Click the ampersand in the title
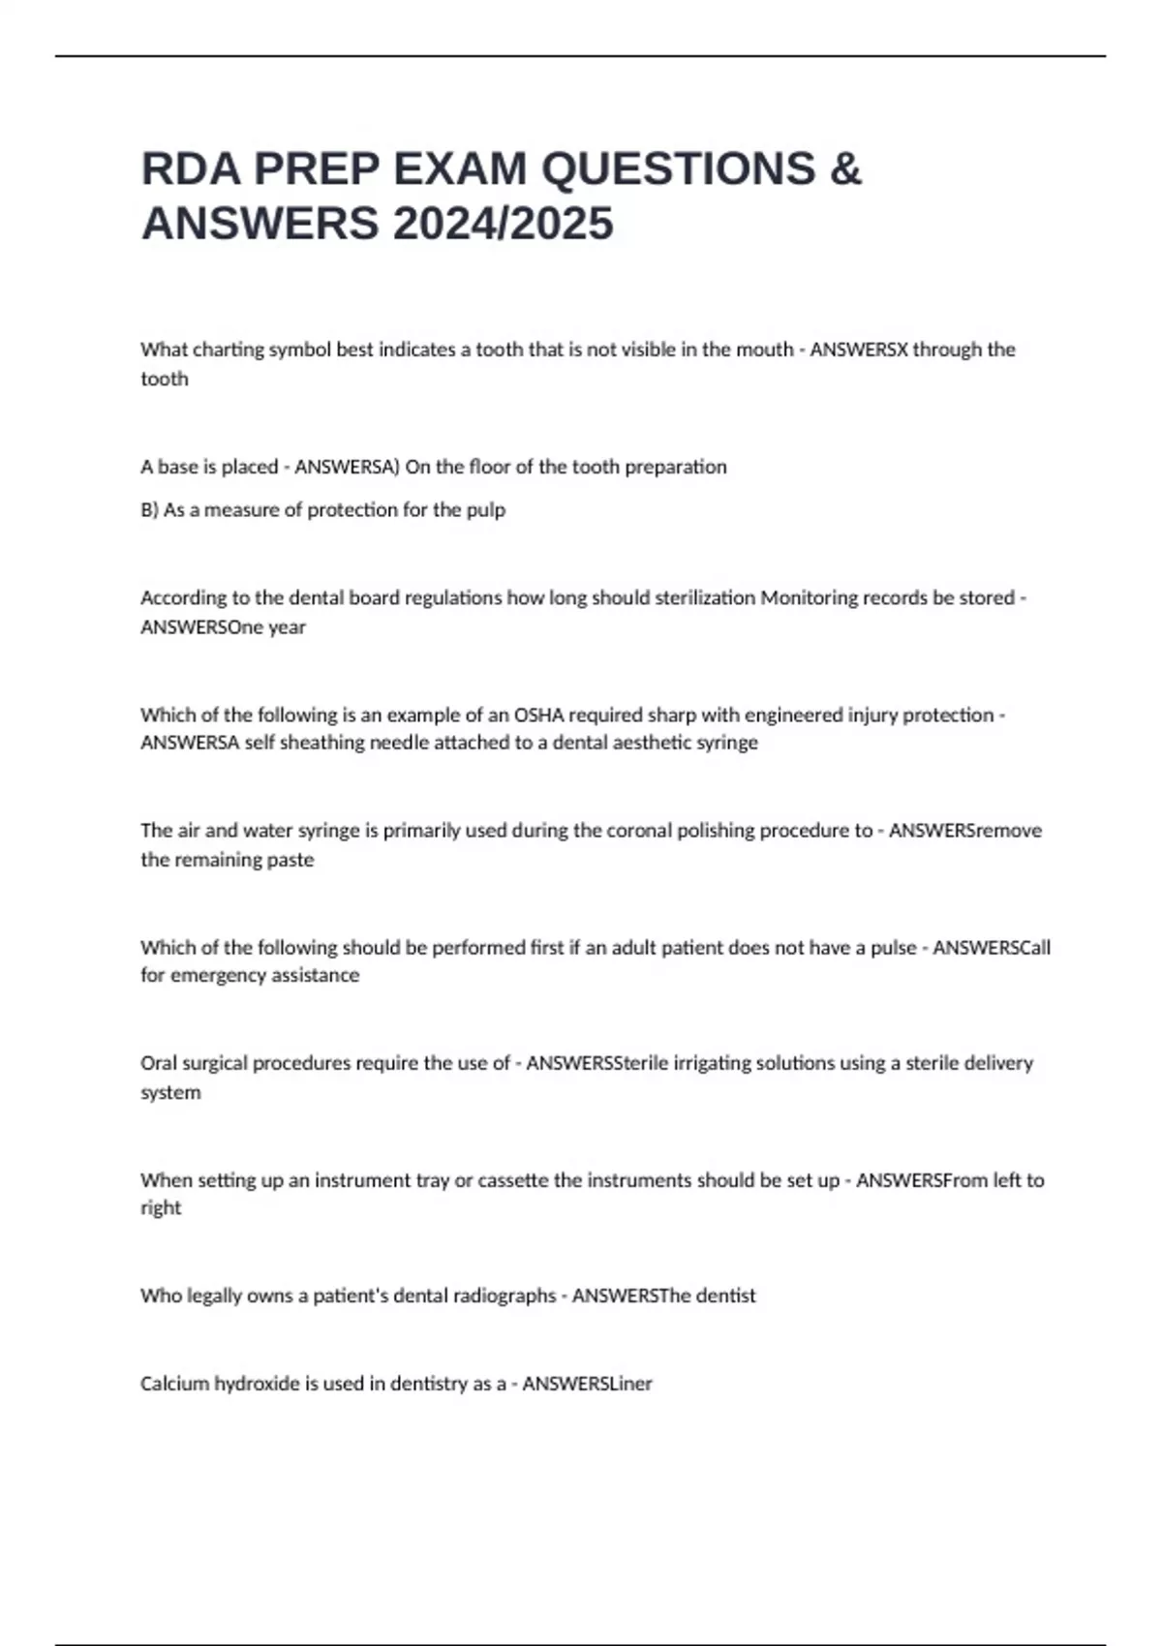click(x=845, y=169)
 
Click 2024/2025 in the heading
click(x=503, y=224)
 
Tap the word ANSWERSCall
click(x=992, y=947)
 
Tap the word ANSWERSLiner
click(x=587, y=1384)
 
